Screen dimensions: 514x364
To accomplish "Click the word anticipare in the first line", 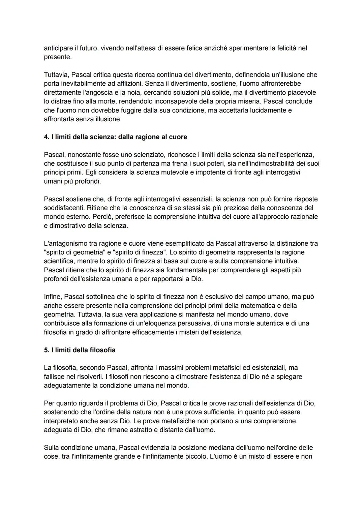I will point(58,48).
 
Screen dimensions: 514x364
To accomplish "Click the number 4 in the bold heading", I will point(46,137).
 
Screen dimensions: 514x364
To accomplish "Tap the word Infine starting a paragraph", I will point(53,297).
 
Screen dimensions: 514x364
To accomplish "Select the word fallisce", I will point(55,376).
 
